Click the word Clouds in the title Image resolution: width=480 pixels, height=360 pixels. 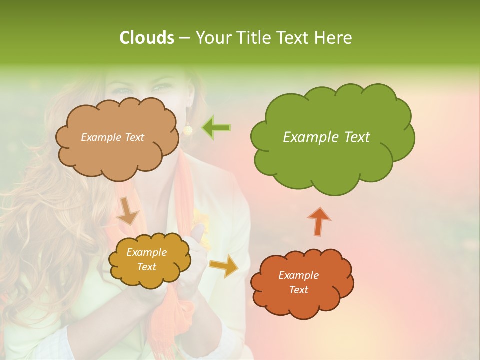coord(147,38)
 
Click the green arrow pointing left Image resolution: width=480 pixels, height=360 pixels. coord(216,128)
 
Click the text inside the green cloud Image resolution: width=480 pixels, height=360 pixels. coord(326,137)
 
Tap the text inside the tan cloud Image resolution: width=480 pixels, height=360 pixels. coord(112,137)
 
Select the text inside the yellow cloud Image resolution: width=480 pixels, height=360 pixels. coord(147,260)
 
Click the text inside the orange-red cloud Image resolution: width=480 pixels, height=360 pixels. coord(298,282)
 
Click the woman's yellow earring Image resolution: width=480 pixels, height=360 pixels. coord(188,129)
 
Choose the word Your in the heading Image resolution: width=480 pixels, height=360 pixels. coord(212,38)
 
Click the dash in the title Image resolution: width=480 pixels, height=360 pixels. coord(184,38)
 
